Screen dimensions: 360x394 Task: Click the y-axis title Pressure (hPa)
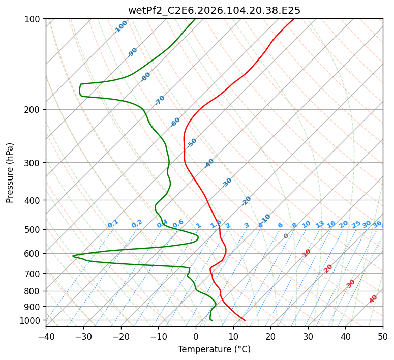10,172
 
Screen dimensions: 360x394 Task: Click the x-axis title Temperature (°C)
214,349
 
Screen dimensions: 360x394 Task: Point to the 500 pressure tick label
33,229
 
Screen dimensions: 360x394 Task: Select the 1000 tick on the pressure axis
31,320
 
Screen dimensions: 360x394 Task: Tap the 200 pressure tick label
33,109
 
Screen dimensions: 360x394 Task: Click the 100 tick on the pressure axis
33,19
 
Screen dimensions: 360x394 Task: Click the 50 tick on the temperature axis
383,336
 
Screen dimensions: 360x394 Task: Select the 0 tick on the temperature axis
196,336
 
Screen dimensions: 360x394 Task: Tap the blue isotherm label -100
120,27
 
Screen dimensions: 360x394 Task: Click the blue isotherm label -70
160,100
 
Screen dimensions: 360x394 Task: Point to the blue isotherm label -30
227,183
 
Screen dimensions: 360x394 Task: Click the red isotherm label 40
373,299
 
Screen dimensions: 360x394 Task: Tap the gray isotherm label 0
286,236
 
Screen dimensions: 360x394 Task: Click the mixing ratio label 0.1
113,224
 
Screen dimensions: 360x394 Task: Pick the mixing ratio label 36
377,224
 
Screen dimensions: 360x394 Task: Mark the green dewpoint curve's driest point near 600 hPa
73,256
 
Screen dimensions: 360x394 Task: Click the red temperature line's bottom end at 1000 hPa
245,320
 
